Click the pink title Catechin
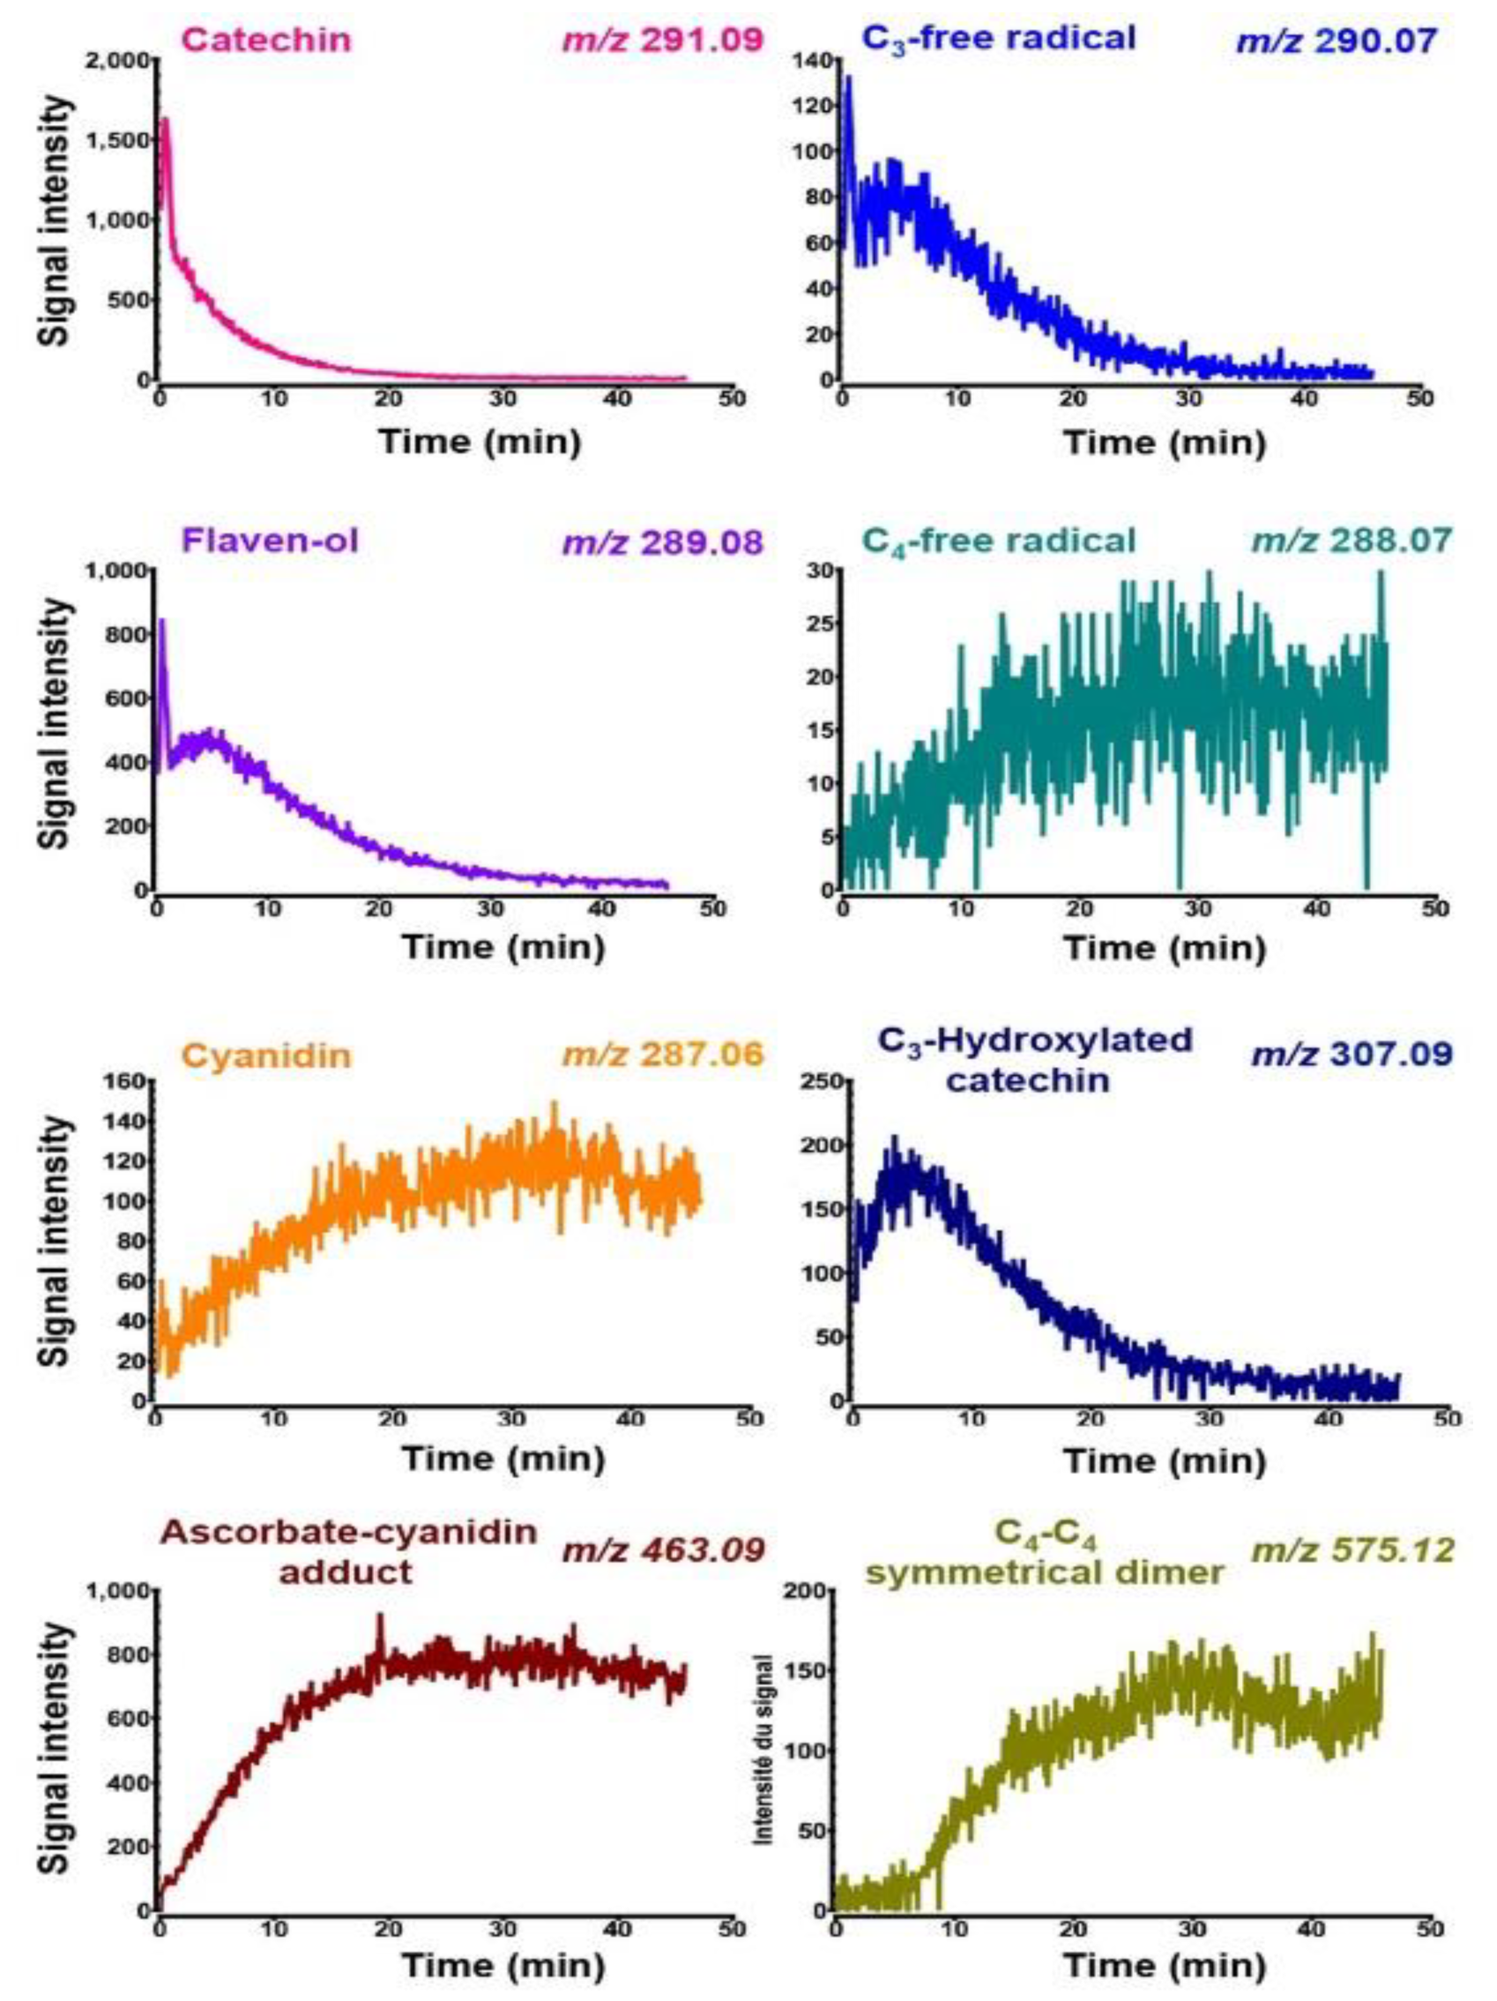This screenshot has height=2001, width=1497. tap(267, 41)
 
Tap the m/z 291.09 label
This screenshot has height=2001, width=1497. tap(664, 41)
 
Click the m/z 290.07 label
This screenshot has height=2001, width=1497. tap(1336, 41)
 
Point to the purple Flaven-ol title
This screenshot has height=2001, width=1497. tap(270, 540)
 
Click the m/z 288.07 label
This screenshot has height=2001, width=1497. tap(1352, 540)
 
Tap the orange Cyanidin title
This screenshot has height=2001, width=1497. tap(267, 1055)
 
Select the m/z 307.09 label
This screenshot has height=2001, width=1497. tap(1352, 1054)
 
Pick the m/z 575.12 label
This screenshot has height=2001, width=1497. tap(1352, 1550)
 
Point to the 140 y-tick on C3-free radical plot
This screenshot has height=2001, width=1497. tap(811, 60)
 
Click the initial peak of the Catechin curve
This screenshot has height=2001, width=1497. tap(166, 119)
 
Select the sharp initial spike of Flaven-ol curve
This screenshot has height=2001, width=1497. tap(162, 621)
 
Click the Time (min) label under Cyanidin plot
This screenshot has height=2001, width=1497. tap(503, 1458)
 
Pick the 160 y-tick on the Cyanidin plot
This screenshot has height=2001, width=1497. tap(127, 1081)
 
